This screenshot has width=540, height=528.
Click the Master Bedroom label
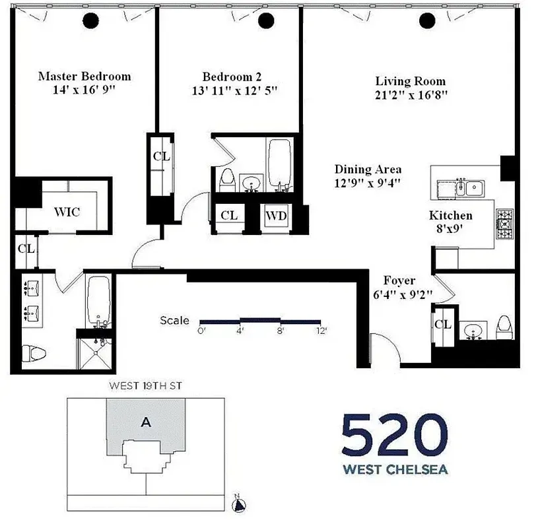[84, 76]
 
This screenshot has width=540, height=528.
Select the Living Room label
[411, 81]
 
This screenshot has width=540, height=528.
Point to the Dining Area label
[368, 169]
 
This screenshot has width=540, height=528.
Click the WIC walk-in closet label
[67, 212]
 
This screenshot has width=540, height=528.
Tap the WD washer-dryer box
[276, 215]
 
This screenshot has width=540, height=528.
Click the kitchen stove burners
[504, 224]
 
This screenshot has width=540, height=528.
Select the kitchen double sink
[471, 187]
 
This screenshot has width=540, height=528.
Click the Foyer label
[399, 280]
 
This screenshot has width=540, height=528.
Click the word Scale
[174, 321]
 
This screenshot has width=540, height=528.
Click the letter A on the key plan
[146, 424]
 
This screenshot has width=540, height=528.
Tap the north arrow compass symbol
[240, 506]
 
